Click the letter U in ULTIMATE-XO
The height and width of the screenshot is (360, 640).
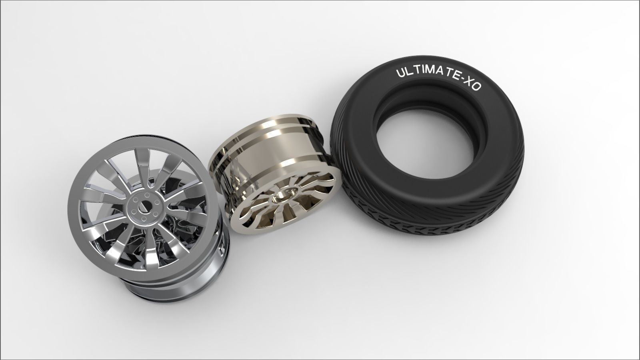(400, 73)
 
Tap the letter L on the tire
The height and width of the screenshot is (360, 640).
(408, 72)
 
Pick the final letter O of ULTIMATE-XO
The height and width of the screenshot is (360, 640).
(474, 86)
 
